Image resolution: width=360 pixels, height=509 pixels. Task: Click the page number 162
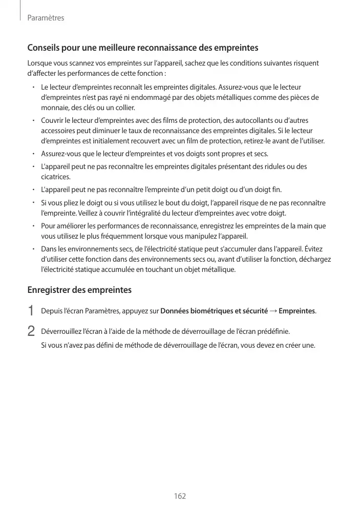click(x=180, y=496)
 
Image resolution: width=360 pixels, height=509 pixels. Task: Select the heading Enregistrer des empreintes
click(x=79, y=290)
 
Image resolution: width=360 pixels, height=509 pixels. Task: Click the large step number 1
click(x=31, y=311)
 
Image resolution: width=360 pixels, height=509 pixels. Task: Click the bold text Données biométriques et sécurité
click(x=214, y=311)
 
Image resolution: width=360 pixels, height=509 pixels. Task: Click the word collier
click(x=124, y=108)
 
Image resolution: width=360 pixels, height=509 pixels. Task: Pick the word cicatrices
click(x=55, y=177)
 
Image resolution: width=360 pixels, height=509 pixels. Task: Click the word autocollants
click(x=250, y=120)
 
